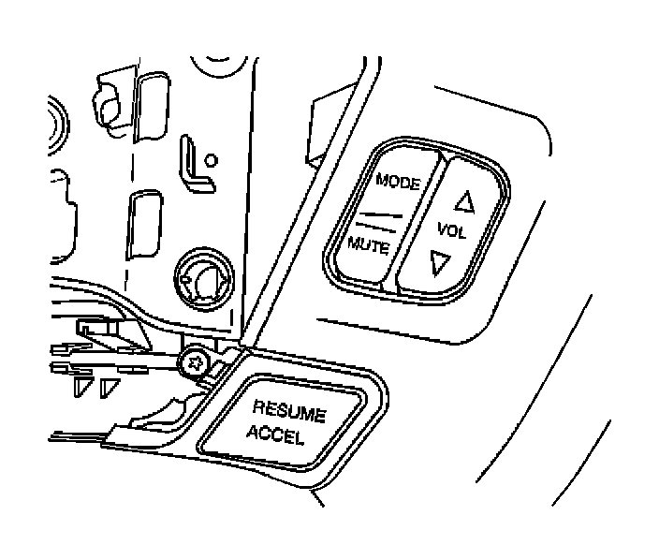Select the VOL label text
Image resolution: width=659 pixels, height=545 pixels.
(x=450, y=230)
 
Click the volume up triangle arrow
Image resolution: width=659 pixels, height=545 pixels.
(x=461, y=199)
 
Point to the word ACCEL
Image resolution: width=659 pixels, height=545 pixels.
(x=275, y=435)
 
